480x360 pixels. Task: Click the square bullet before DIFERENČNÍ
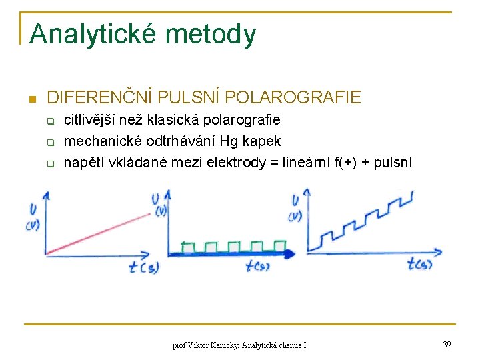(31, 99)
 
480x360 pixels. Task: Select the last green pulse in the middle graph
(278, 247)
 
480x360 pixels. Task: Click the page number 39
(446, 344)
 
